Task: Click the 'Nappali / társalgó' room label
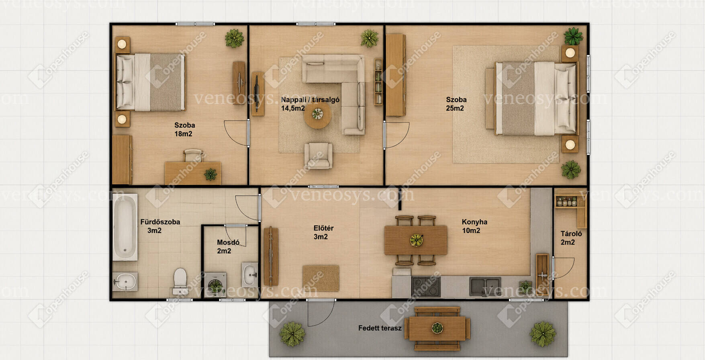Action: pyautogui.click(x=310, y=100)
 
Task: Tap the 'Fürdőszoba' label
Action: pyautogui.click(x=160, y=222)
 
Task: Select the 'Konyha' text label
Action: pyautogui.click(x=474, y=222)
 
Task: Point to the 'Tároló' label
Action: pyautogui.click(x=571, y=233)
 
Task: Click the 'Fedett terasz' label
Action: pyautogui.click(x=380, y=328)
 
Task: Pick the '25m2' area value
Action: pyautogui.click(x=455, y=108)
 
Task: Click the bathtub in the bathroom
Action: pyautogui.click(x=125, y=227)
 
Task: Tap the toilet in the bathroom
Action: pyautogui.click(x=180, y=281)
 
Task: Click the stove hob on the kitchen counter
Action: pyautogui.click(x=426, y=287)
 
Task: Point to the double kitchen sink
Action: pyautogui.click(x=485, y=286)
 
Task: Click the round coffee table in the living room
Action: pyautogui.click(x=318, y=115)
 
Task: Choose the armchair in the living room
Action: pyautogui.click(x=318, y=155)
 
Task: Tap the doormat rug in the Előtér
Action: pyautogui.click(x=321, y=278)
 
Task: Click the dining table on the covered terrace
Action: pyautogui.click(x=437, y=328)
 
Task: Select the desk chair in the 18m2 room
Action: pyautogui.click(x=193, y=155)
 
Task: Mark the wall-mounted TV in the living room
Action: pyautogui.click(x=256, y=94)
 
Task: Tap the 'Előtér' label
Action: pyautogui.click(x=323, y=228)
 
